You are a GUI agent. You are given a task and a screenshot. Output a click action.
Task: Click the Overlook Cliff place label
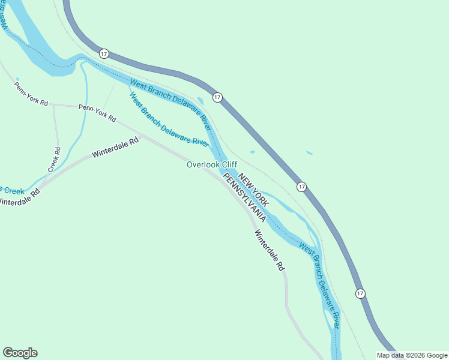coord(212,164)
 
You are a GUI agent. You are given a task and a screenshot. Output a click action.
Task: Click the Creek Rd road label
coord(55,159)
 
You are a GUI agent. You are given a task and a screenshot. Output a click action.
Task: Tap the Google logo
coord(20,353)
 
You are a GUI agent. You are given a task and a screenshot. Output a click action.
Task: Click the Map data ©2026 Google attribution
coord(411,355)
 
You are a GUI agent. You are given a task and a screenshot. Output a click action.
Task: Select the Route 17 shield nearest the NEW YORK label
coord(301,187)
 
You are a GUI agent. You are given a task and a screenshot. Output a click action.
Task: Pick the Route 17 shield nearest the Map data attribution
coord(360,293)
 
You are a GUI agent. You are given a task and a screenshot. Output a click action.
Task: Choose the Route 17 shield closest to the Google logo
coord(104,53)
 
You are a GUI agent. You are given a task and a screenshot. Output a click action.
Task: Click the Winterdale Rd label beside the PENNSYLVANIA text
coord(269,251)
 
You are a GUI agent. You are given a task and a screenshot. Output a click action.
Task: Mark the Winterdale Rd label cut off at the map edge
coord(20,199)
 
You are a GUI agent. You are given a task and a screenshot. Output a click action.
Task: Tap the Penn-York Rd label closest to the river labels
coord(97,113)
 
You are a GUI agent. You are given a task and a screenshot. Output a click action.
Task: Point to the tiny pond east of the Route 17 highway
coord(309,153)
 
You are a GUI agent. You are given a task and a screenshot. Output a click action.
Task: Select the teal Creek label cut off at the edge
coord(12,191)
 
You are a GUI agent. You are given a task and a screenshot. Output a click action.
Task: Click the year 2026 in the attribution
coord(415,355)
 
